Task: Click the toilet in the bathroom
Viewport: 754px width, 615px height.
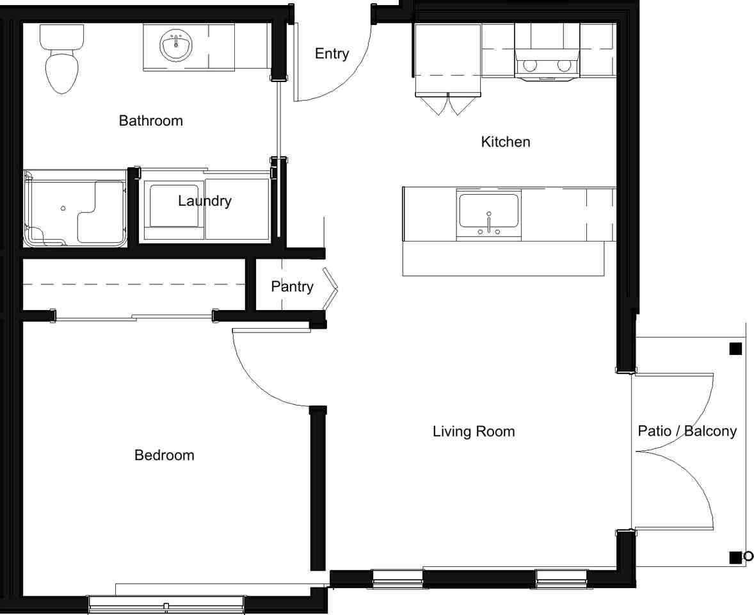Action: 61,58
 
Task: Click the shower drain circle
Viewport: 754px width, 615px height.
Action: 63,208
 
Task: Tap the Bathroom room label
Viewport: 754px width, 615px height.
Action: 151,120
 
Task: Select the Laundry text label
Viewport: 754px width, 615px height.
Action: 205,201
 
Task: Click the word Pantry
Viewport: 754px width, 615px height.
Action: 292,287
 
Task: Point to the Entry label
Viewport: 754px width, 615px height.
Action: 332,53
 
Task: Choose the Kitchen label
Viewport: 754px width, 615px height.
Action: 506,142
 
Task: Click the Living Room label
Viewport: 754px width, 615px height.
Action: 474,432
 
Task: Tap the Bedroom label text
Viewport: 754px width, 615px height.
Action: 164,455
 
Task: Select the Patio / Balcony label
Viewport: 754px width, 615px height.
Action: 687,430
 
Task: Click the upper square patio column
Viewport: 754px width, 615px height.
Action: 735,348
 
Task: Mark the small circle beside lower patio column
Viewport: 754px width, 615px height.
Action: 748,557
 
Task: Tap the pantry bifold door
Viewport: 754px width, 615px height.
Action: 330,288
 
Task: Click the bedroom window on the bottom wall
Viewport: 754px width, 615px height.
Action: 166,604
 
